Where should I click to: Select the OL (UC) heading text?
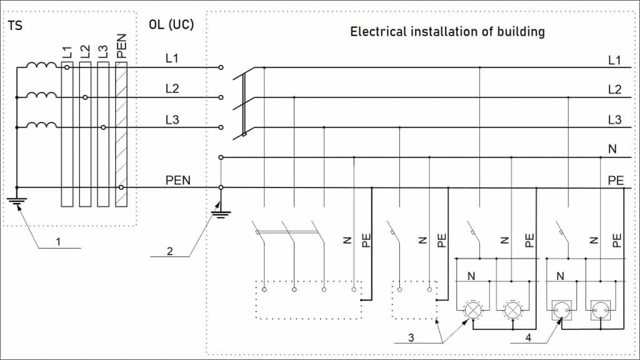pos(171,26)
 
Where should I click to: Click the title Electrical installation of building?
pos(447,31)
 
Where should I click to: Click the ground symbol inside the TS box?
pos(17,201)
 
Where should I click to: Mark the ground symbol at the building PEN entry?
pos(221,214)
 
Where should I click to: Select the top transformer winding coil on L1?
pos(41,66)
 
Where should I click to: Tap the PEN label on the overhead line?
pos(178,181)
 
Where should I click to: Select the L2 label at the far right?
pos(614,90)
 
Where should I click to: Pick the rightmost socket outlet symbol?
pos(601,309)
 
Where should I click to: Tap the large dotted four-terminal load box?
pos(309,300)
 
